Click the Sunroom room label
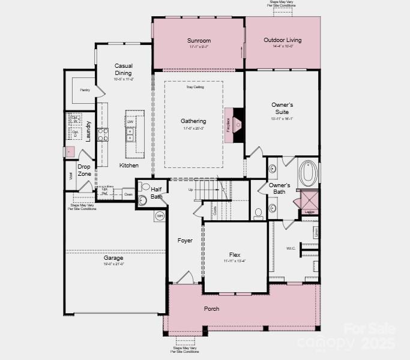(199, 41)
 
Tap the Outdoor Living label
(282, 40)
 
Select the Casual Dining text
(123, 69)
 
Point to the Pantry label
(84, 91)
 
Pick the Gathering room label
(193, 121)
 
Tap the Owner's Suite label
(282, 108)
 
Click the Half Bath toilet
(143, 200)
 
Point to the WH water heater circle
(160, 215)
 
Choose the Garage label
(113, 258)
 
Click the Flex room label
(235, 254)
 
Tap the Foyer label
(185, 241)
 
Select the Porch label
(211, 308)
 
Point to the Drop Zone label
(84, 170)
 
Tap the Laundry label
(88, 131)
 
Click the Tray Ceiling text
(194, 87)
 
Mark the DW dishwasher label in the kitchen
(130, 122)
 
